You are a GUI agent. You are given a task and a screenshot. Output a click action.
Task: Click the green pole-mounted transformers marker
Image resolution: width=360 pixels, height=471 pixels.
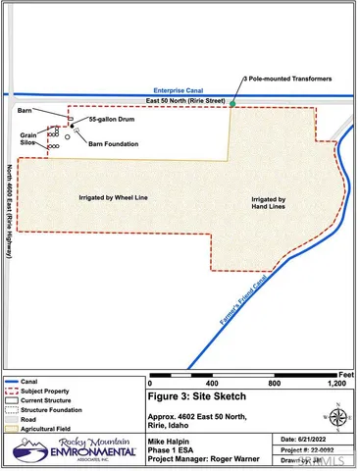point(232,102)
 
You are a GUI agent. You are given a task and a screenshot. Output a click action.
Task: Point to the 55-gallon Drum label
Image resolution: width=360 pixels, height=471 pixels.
point(109,120)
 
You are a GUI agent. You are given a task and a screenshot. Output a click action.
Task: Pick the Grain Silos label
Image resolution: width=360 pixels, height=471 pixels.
point(29,139)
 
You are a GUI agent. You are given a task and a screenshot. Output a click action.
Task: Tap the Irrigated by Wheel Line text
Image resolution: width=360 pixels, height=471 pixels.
point(113,196)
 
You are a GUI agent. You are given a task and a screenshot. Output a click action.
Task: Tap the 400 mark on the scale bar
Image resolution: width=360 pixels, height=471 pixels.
point(212,383)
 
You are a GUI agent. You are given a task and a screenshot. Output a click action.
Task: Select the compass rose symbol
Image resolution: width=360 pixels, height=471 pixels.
point(337,416)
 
